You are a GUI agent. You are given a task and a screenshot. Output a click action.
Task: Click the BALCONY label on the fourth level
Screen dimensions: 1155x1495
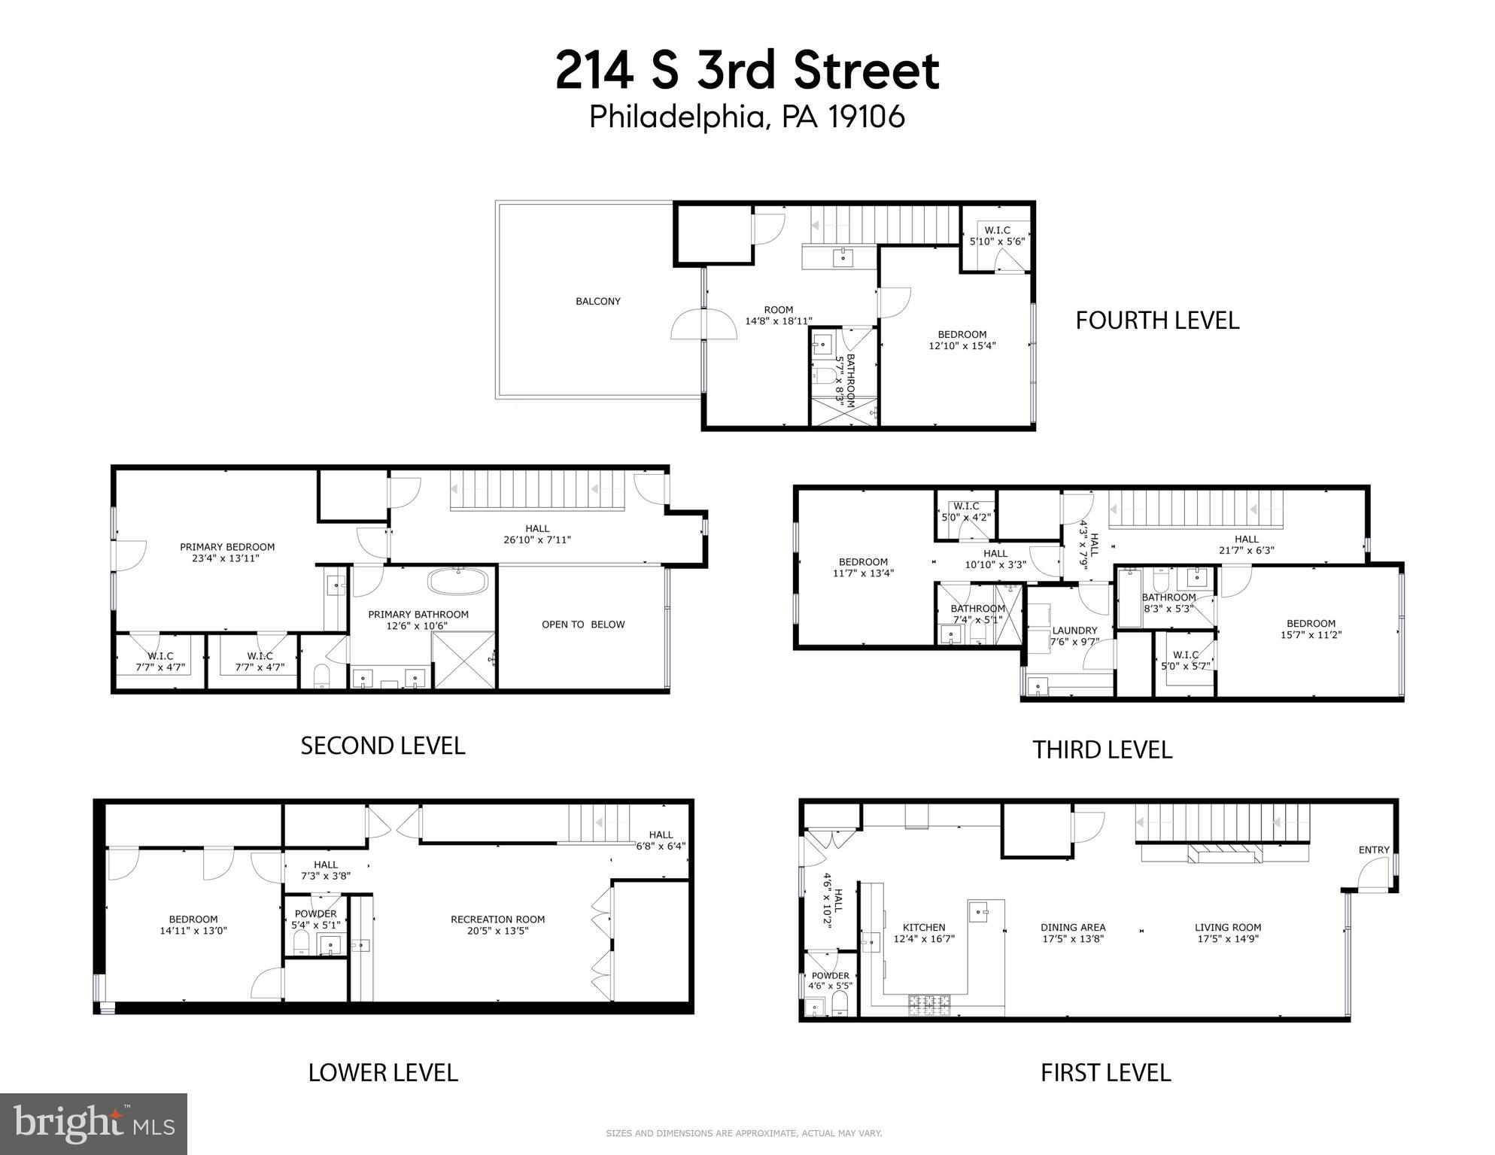598,302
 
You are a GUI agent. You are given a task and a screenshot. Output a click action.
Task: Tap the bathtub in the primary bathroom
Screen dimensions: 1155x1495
458,582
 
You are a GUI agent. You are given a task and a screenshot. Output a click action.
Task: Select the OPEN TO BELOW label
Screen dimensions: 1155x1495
583,625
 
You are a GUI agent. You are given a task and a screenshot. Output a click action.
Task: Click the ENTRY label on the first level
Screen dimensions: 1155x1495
1374,850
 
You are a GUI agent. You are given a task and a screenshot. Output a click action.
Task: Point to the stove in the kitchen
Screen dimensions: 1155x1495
930,1002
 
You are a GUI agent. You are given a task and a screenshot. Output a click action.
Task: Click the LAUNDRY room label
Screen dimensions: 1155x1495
1074,631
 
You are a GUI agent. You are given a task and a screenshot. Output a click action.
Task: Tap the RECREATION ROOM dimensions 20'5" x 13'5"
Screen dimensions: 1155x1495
497,931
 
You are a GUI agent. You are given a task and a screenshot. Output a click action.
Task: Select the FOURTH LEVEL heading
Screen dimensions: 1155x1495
1157,321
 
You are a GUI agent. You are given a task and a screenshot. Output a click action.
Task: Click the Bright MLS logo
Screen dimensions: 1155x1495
93,1123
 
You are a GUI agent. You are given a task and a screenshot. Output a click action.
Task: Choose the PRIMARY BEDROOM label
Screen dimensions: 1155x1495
227,547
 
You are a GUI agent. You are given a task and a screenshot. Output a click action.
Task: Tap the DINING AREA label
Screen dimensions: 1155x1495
1073,928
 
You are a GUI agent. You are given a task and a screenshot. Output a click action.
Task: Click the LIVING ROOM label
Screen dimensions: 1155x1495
1228,928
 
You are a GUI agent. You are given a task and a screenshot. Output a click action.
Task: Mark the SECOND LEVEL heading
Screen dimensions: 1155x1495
383,746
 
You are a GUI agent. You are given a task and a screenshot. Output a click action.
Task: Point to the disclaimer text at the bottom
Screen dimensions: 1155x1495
743,1133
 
